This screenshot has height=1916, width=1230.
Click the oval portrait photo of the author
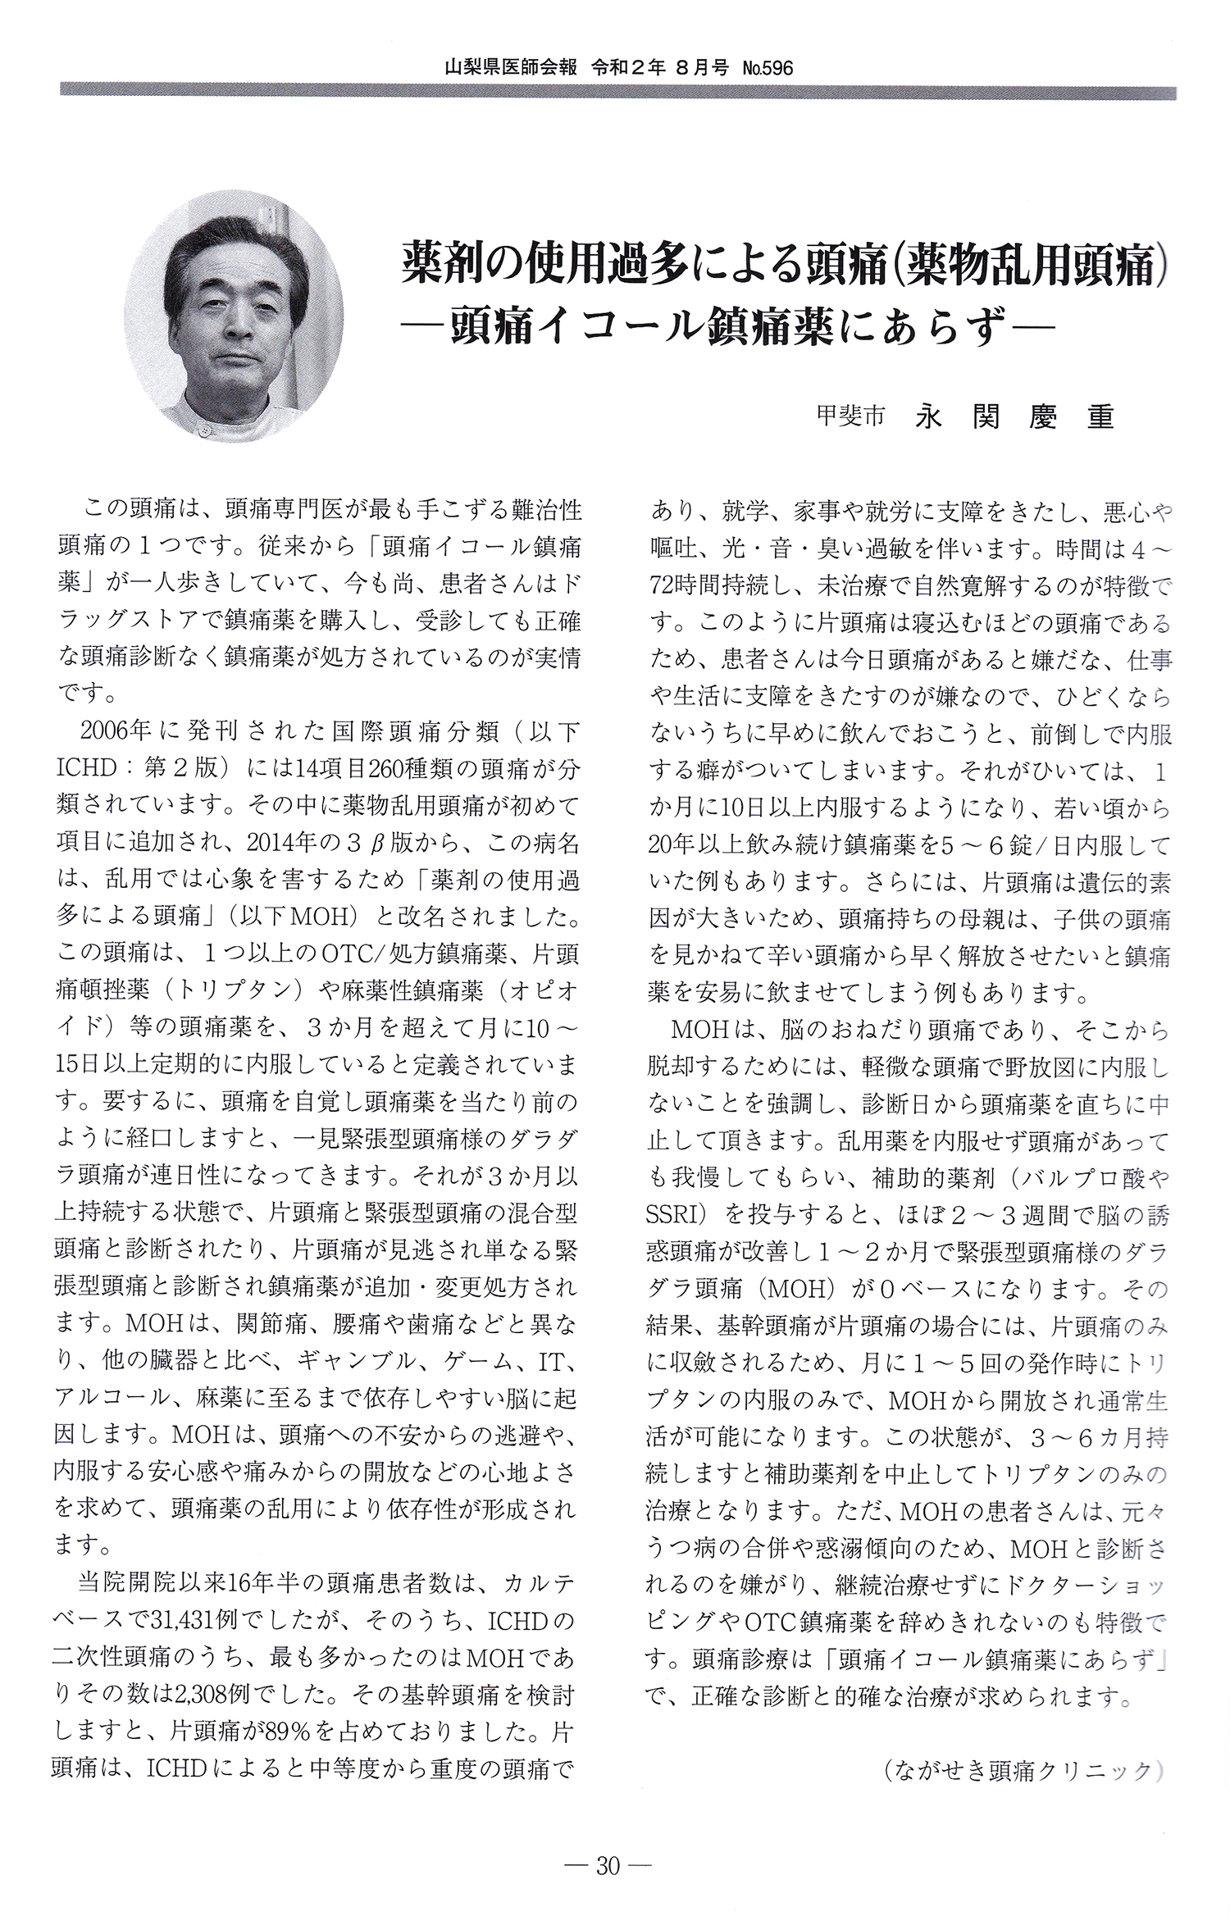tap(235, 317)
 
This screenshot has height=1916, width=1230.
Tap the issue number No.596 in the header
tap(768, 68)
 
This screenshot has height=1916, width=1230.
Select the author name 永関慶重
tap(1014, 417)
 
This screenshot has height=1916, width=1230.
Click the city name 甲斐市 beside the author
tap(850, 416)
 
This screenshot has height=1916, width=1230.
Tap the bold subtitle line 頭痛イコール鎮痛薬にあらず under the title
tap(727, 328)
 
